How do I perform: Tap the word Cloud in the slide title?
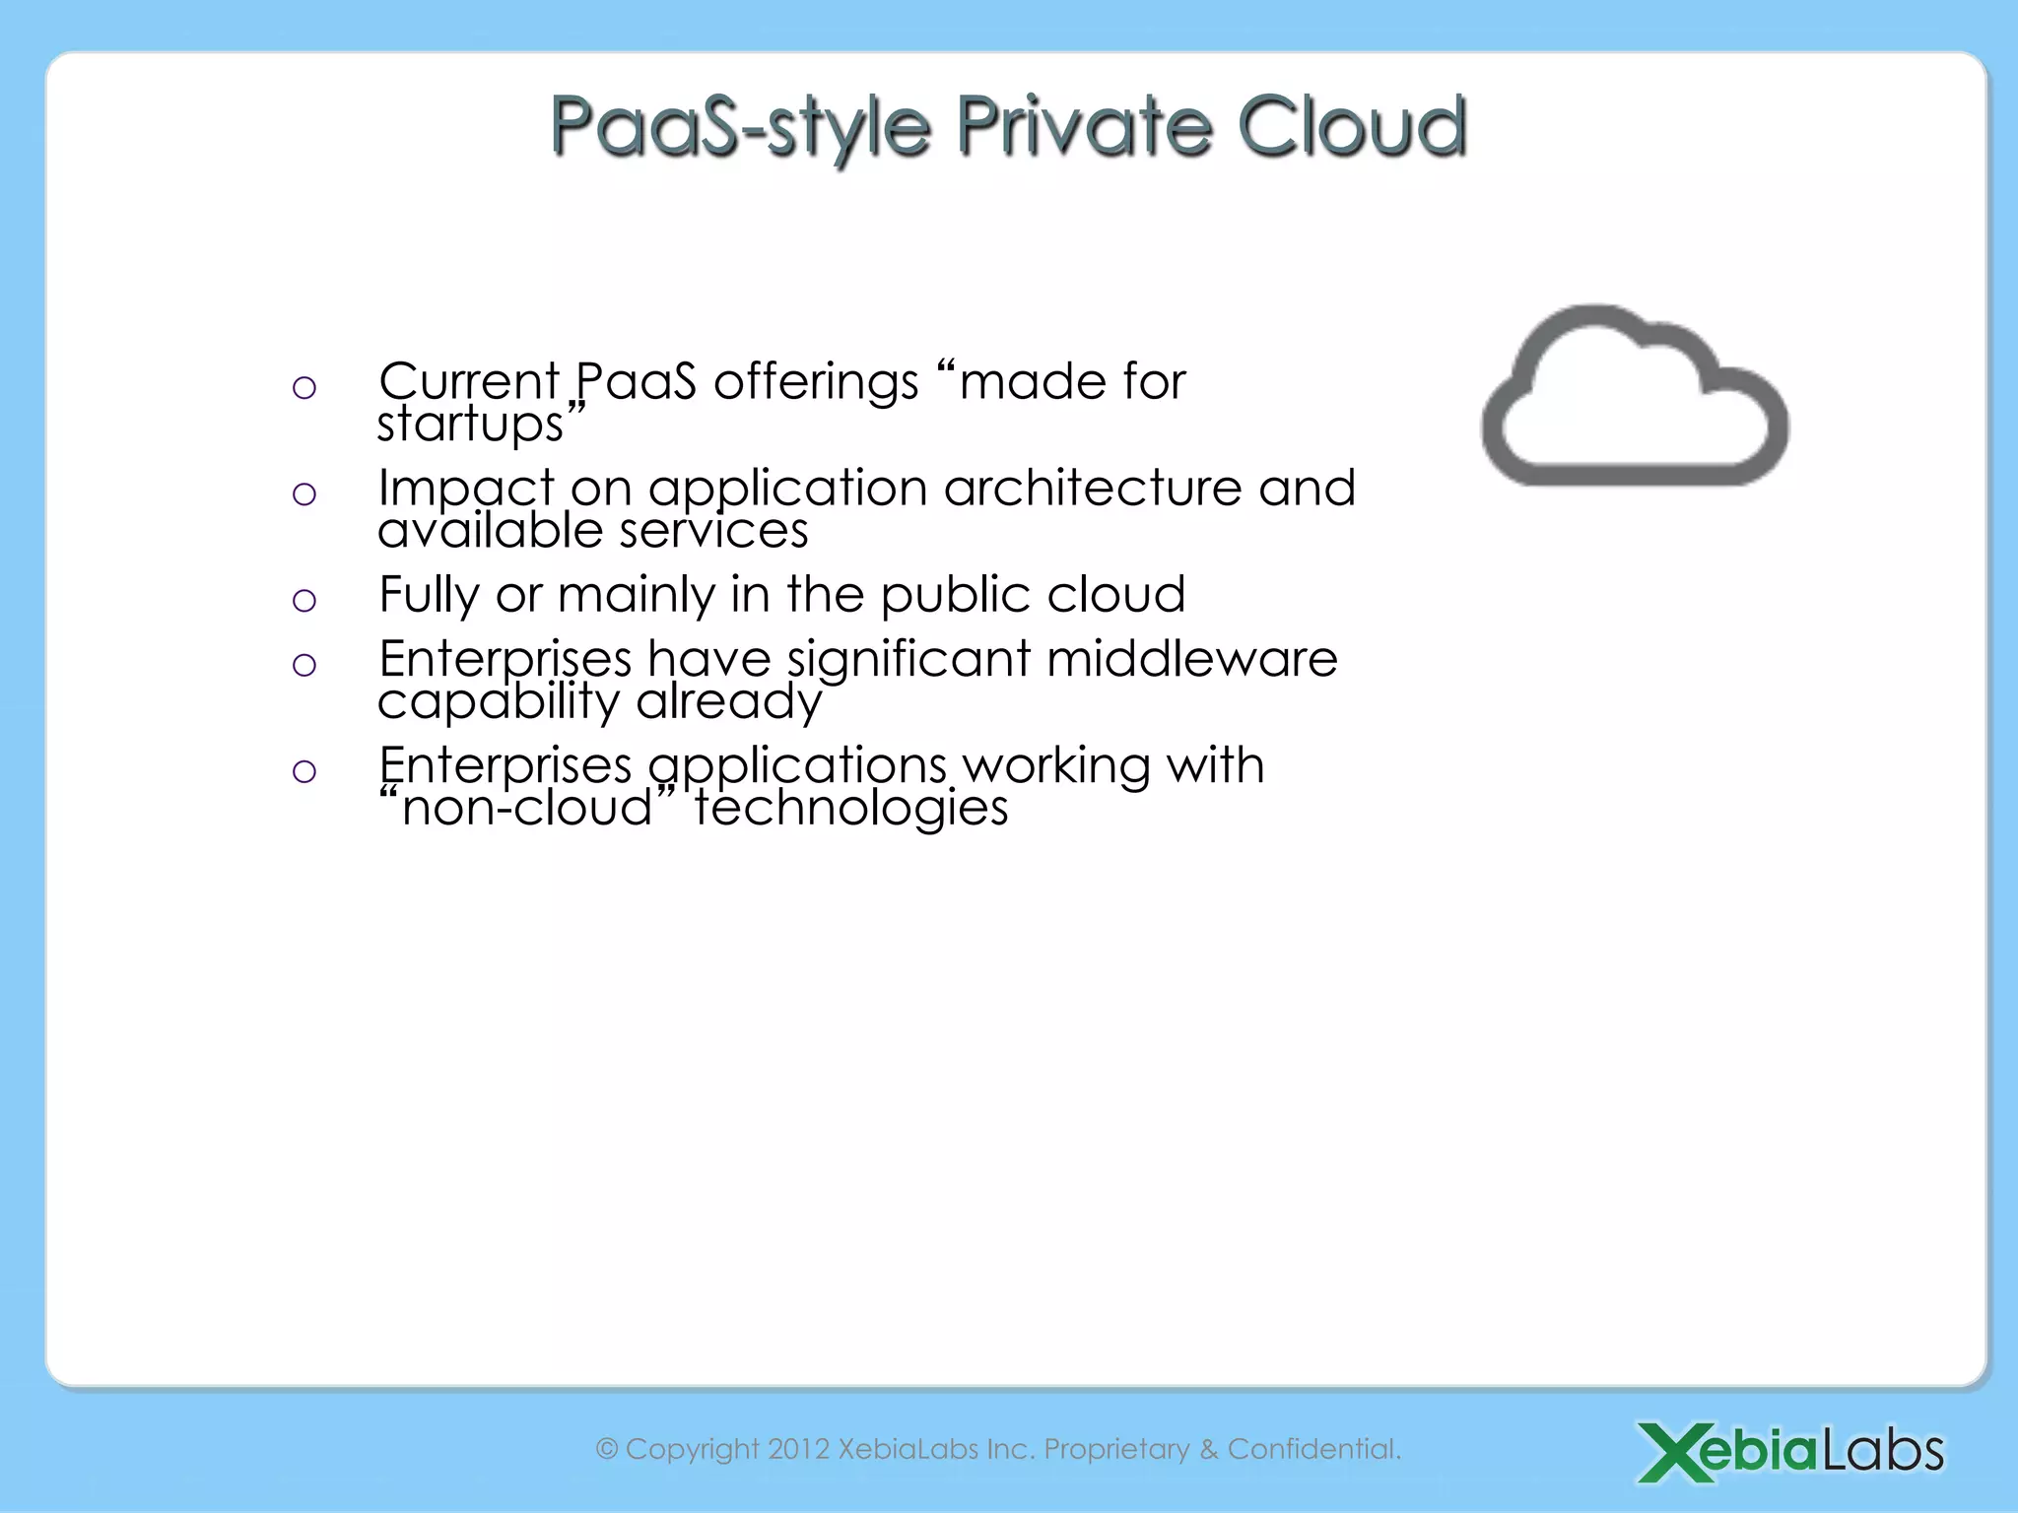[x=1352, y=126]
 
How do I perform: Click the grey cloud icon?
[x=1635, y=399]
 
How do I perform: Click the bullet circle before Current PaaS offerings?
[x=304, y=388]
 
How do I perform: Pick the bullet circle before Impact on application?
[x=304, y=493]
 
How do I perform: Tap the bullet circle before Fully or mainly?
[x=304, y=600]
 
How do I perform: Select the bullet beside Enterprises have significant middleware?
[x=304, y=665]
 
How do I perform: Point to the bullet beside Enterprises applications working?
[x=304, y=770]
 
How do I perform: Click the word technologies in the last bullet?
[x=851, y=809]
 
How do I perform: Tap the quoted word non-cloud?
[x=528, y=809]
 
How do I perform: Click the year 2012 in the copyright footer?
[x=798, y=1449]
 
